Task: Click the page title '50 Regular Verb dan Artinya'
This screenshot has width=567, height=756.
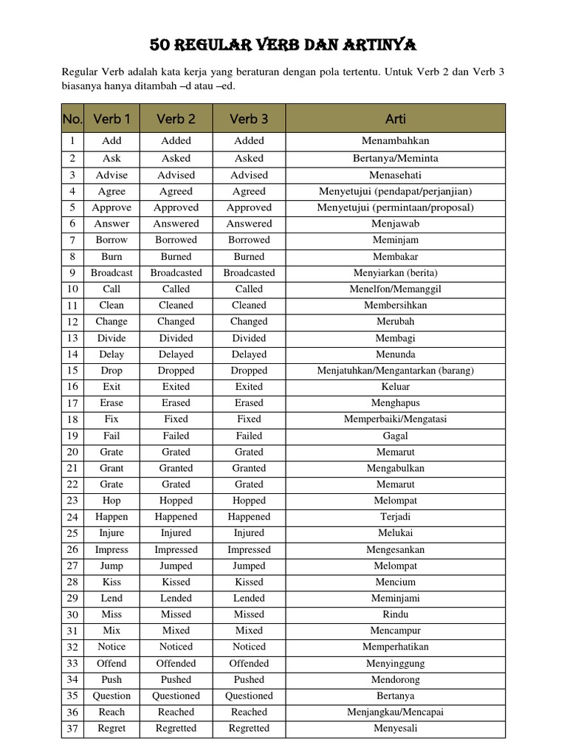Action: [283, 46]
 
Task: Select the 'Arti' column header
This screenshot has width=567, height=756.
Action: [395, 118]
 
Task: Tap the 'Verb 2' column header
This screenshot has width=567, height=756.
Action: [176, 118]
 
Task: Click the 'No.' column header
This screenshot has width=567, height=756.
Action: [72, 118]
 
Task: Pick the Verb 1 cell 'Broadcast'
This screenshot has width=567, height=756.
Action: [111, 272]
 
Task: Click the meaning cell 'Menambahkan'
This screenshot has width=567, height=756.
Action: [395, 140]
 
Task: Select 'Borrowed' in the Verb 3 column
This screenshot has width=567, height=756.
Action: [249, 240]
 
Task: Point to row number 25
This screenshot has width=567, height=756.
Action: [72, 533]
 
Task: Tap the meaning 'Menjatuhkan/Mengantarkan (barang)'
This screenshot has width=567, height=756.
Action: [395, 371]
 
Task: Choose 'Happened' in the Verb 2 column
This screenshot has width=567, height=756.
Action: [176, 517]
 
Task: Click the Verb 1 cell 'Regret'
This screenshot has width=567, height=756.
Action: [111, 728]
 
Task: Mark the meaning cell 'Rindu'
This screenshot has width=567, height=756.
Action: [395, 614]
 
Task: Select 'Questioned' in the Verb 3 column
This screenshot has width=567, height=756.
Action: [249, 695]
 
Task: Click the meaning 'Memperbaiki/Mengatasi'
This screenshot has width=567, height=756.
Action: [395, 419]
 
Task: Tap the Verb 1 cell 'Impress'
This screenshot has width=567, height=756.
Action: [111, 549]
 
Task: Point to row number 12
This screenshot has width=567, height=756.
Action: [72, 322]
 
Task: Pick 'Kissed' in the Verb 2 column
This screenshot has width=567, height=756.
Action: [176, 582]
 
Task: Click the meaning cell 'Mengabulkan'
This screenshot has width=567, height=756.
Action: [395, 468]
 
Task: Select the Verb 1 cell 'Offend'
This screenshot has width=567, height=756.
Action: [111, 663]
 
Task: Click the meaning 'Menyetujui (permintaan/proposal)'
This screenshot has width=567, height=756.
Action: [395, 207]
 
